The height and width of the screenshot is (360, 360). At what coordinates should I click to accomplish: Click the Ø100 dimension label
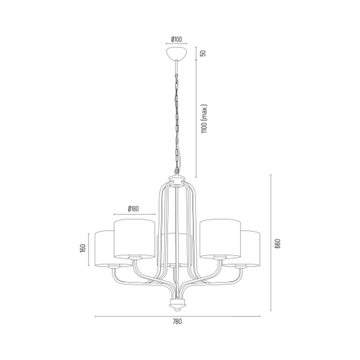(176, 39)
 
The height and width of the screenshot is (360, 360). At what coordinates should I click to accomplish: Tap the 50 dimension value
(203, 53)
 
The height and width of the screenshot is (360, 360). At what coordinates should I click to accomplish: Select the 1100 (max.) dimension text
(204, 119)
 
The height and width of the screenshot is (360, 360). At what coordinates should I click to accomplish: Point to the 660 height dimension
(277, 244)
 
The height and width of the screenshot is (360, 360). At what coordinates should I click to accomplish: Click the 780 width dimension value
(177, 322)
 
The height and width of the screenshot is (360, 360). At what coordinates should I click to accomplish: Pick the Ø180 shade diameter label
(133, 209)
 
